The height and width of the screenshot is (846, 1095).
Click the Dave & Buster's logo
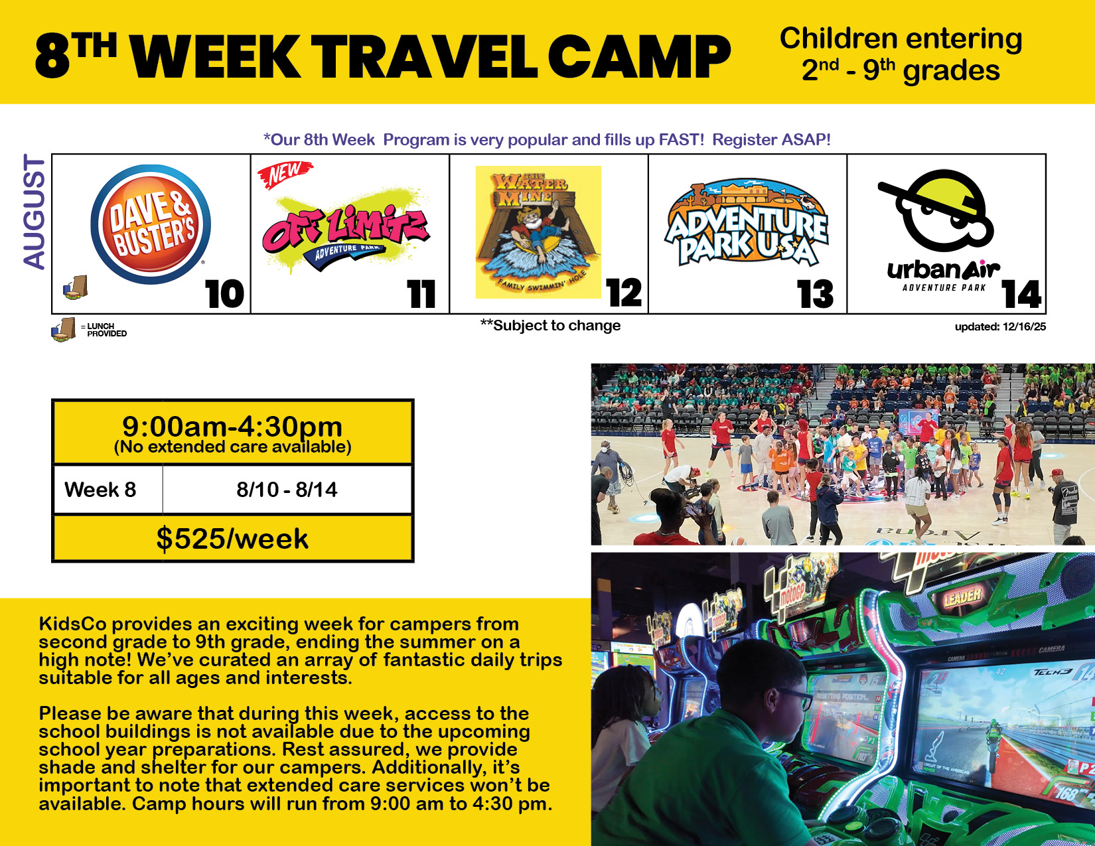click(x=151, y=224)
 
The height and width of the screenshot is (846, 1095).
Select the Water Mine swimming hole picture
click(x=538, y=232)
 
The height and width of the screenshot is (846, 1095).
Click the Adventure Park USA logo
click(x=747, y=222)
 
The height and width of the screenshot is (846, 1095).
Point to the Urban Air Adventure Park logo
click(x=941, y=230)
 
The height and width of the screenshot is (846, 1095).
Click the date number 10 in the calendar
click(x=224, y=294)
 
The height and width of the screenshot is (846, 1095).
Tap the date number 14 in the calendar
click(x=1021, y=294)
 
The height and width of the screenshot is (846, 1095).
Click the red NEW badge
click(x=285, y=174)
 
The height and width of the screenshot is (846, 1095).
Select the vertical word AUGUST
click(x=35, y=212)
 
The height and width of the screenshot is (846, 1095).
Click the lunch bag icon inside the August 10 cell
click(x=76, y=288)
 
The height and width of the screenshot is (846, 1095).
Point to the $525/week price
click(x=232, y=539)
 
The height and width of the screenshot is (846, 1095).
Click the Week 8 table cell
click(x=101, y=490)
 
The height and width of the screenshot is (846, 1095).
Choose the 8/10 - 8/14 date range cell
click(x=287, y=490)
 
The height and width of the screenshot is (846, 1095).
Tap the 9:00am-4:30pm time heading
click(x=232, y=427)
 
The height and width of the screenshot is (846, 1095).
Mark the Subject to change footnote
click(x=550, y=326)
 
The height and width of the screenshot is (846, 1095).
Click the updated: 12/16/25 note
click(x=1000, y=326)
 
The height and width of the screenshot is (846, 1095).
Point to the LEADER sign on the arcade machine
click(x=963, y=598)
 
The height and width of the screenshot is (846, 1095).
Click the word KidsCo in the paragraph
click(x=73, y=624)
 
